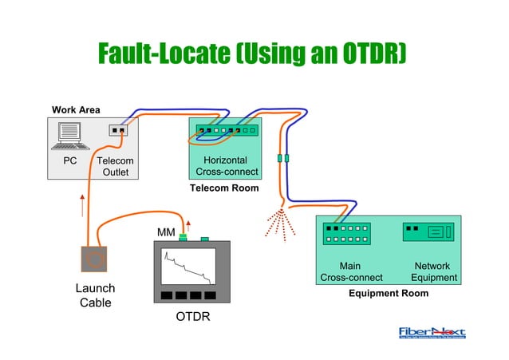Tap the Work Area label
[x=76, y=109]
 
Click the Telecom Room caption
[x=224, y=188]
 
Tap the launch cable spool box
[x=95, y=259]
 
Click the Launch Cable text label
[x=95, y=295]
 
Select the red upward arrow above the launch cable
[x=81, y=205]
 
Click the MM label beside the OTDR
[x=166, y=232]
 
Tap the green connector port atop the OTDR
[x=183, y=237]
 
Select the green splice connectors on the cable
[x=282, y=158]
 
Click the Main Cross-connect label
[x=350, y=271]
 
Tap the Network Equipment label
[x=433, y=271]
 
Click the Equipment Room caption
[x=389, y=293]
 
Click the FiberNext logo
[x=432, y=333]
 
